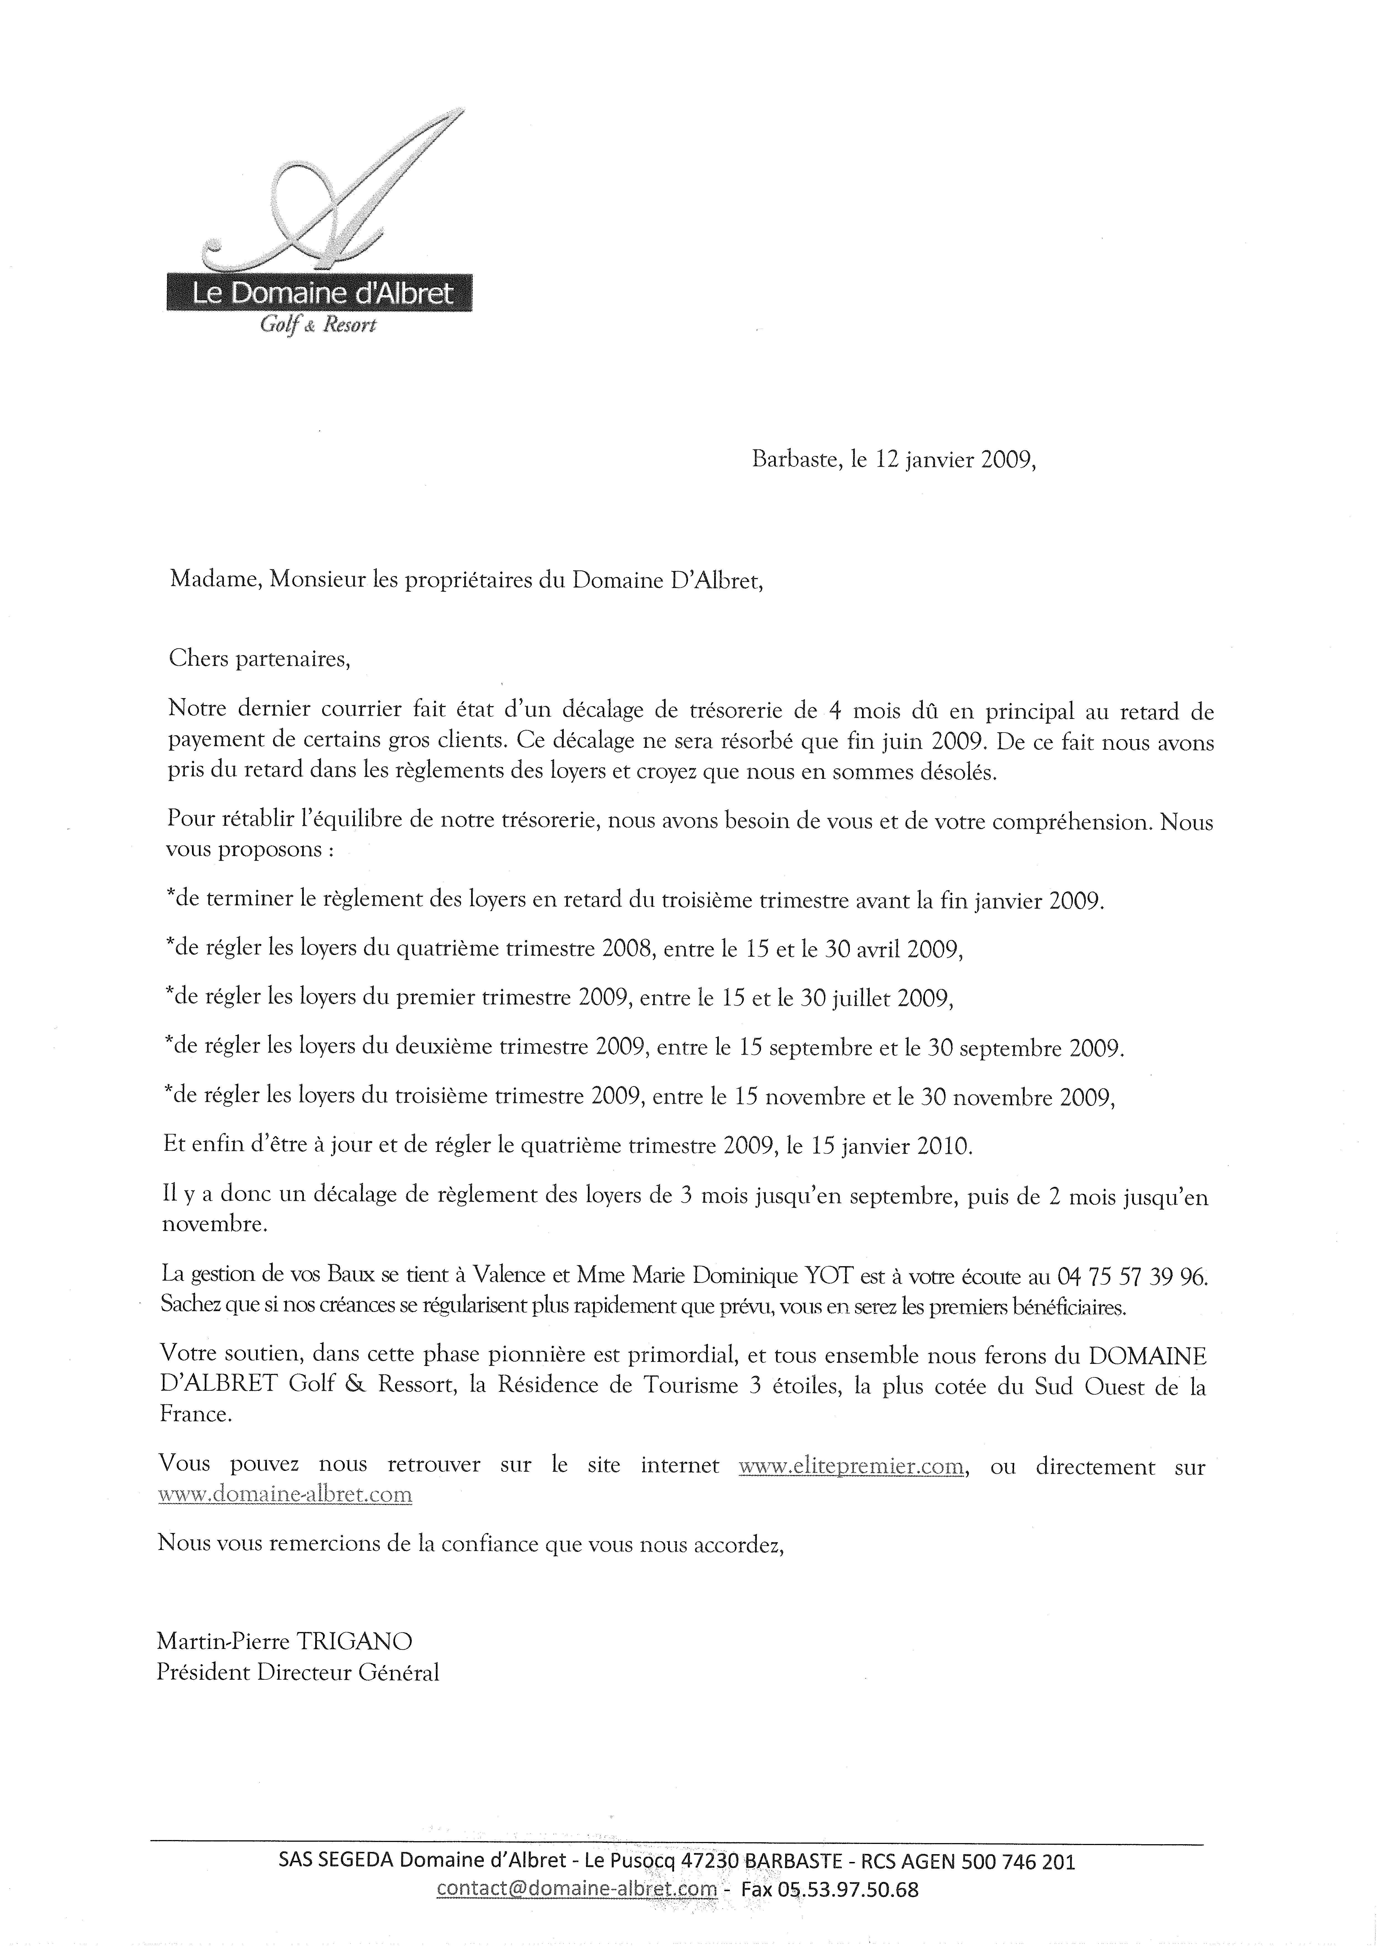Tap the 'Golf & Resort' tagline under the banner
coord(317,325)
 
